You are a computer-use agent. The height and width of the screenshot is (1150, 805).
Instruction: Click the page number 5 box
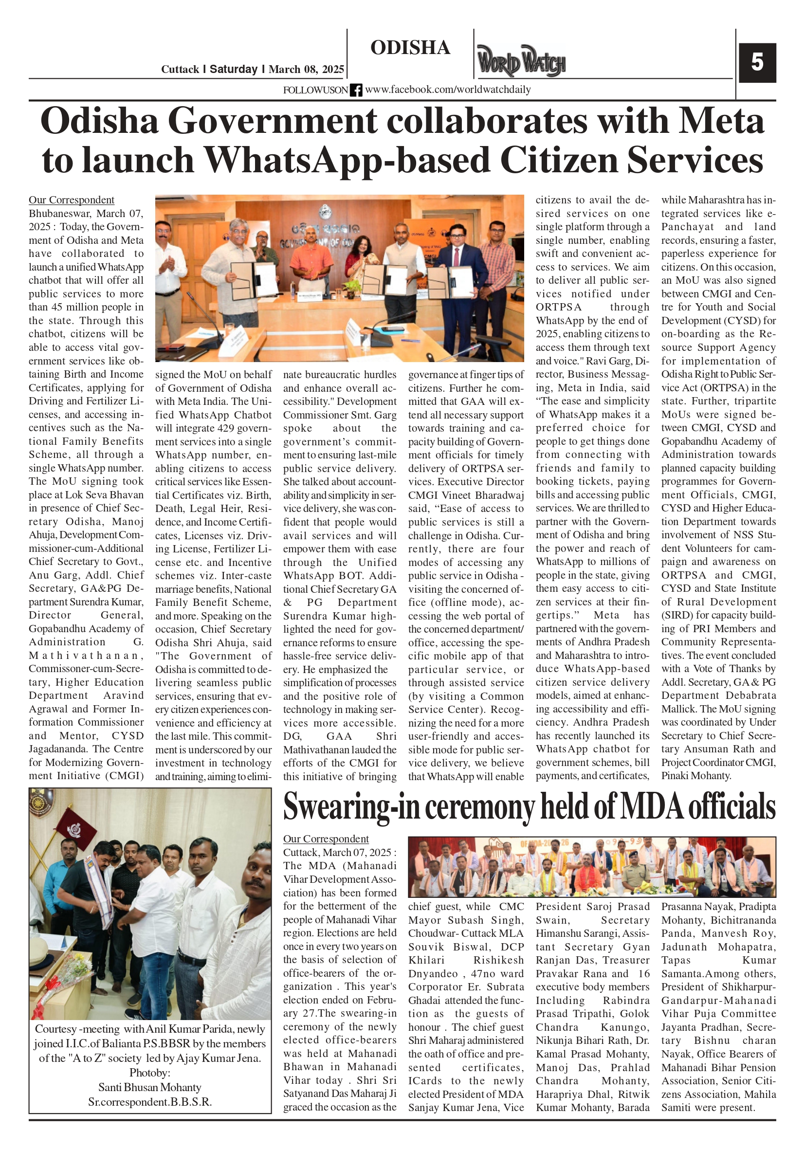coord(757,63)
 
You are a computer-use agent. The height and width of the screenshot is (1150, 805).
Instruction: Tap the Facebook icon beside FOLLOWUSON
coord(356,90)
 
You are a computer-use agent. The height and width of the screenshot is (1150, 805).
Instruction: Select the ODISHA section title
coord(410,48)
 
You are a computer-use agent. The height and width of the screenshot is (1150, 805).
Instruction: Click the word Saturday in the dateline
coord(234,69)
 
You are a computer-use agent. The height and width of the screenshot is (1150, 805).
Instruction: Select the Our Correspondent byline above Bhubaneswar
coord(71,200)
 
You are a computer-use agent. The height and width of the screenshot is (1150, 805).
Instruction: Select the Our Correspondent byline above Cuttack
coord(326,839)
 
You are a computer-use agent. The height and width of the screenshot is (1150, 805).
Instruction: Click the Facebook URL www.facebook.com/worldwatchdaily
coord(448,90)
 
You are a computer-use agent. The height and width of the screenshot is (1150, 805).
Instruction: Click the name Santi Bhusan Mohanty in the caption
coord(150,1087)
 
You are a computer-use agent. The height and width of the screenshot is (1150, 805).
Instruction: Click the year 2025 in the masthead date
coord(333,69)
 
